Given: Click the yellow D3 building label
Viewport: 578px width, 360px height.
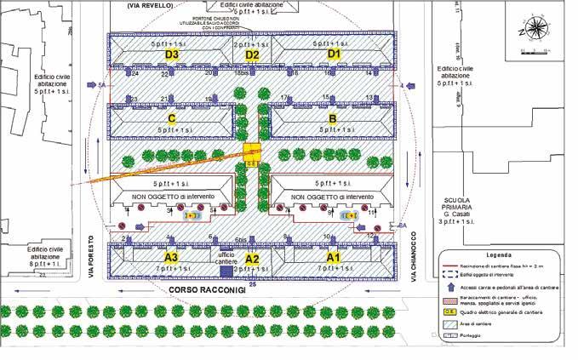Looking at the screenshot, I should pos(172,55).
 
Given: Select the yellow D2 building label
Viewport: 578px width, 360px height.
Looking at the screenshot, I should pos(252,55).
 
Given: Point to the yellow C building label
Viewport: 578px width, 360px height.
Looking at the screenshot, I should pos(172,119).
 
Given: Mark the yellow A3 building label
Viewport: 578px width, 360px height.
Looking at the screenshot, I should pos(170,257).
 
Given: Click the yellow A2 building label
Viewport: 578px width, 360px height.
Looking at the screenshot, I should pos(252,259).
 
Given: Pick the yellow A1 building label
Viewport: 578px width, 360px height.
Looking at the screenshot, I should pos(333,257).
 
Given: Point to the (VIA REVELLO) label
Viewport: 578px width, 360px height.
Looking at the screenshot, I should pos(150,6).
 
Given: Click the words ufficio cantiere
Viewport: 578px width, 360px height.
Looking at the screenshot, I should pos(226,259).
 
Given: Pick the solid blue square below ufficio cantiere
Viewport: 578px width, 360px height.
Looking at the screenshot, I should pos(226,271).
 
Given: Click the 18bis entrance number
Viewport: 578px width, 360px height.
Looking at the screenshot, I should pos(242,74).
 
